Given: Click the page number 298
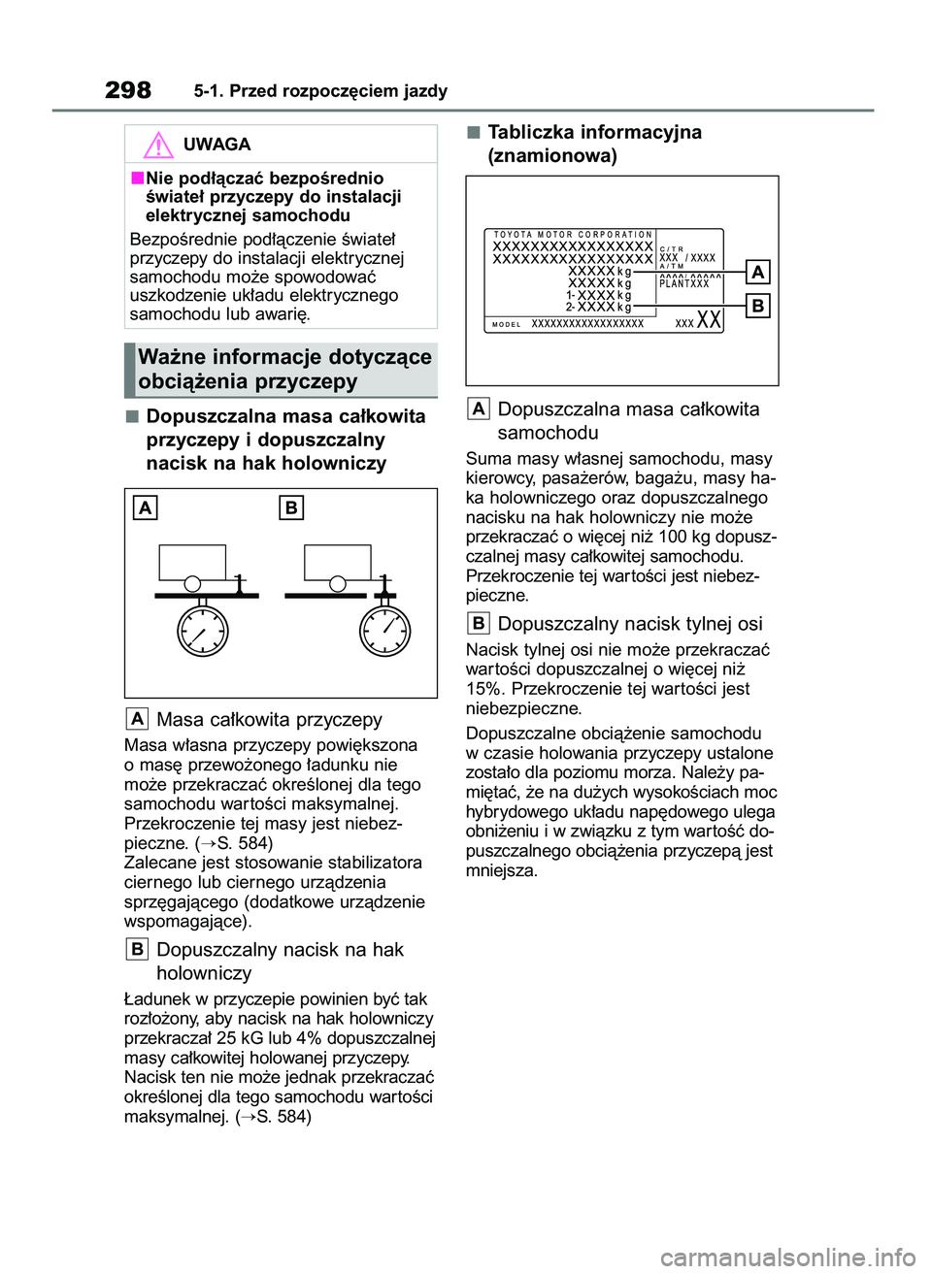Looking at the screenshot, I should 128,90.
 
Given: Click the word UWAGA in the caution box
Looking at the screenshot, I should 216,145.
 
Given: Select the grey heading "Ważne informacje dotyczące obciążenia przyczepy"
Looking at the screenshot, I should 283,370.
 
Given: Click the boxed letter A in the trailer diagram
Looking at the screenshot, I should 146,507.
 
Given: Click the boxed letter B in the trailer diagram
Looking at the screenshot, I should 290,507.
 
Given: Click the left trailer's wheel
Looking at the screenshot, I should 193,583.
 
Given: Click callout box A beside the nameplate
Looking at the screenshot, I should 757,272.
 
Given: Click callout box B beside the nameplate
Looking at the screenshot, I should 757,307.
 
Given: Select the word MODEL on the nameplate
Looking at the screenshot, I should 507,324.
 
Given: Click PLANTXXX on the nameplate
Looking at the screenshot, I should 684,284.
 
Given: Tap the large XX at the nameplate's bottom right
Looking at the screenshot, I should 709,320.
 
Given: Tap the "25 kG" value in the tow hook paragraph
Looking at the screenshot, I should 242,1038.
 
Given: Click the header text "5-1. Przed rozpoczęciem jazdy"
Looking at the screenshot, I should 320,91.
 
